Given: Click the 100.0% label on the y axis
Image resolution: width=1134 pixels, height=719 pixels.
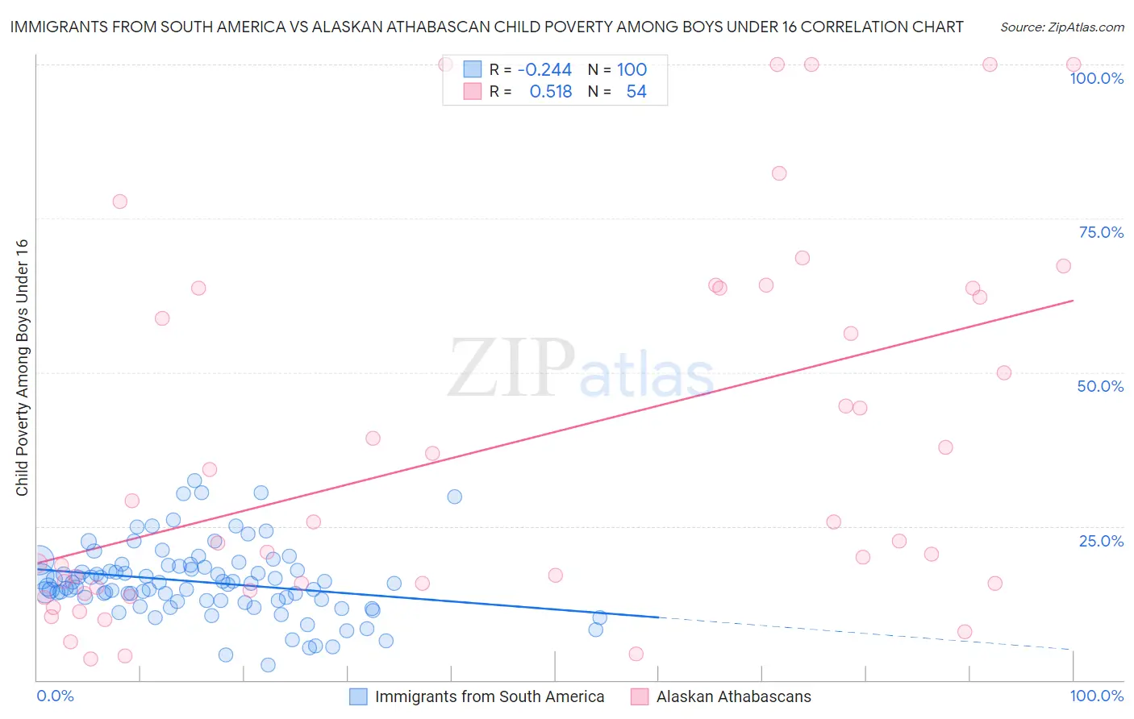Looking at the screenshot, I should [1096, 78].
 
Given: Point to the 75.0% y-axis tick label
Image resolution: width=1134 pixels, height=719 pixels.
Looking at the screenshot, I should [1101, 232].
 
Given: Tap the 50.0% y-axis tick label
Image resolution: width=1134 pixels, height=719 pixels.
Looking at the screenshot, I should [1100, 386].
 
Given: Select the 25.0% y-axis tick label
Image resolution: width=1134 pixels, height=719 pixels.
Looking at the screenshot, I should [1101, 541].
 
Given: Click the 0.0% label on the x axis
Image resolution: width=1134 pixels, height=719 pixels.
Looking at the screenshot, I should [55, 696].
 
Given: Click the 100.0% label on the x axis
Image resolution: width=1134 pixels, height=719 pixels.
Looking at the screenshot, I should [1096, 696].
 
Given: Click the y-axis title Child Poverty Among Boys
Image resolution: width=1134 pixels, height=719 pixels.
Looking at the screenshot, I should [22, 368].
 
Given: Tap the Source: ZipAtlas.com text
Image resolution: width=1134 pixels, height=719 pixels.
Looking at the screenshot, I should [1061, 27].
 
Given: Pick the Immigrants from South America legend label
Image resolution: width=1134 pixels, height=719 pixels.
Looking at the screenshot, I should [489, 696].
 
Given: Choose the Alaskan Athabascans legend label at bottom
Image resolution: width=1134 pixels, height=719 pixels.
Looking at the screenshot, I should [733, 696].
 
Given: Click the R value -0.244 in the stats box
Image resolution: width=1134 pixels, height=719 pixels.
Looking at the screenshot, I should [544, 70].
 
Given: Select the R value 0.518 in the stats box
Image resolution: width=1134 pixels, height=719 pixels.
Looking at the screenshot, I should [550, 92].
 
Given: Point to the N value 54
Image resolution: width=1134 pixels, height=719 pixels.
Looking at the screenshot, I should [636, 92].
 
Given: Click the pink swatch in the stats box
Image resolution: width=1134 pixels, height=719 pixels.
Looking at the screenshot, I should [472, 92].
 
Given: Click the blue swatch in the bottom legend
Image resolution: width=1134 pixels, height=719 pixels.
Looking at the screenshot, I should [358, 696].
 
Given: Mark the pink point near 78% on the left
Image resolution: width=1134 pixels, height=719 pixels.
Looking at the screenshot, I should [119, 202].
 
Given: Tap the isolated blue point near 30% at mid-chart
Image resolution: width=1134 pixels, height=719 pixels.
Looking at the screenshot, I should [454, 497].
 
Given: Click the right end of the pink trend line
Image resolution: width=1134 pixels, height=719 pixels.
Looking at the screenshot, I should [1073, 300].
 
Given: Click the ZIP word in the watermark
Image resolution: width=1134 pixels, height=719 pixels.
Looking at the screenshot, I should [511, 368].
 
